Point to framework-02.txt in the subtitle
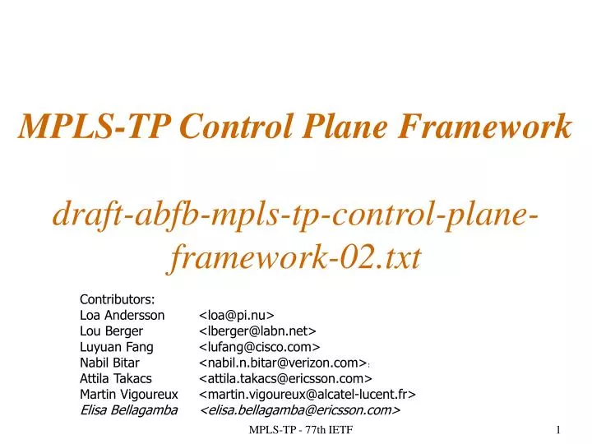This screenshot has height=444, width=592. click(x=296, y=258)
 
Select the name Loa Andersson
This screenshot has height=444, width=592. click(x=122, y=315)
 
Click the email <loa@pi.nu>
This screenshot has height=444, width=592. click(x=237, y=315)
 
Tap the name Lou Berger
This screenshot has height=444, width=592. click(x=111, y=331)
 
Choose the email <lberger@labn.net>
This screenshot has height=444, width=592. click(x=258, y=331)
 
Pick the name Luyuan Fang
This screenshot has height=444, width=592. click(x=117, y=346)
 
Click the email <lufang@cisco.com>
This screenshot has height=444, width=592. click(x=260, y=346)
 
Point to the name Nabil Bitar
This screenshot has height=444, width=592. click(x=109, y=362)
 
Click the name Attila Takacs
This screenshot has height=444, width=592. click(x=116, y=378)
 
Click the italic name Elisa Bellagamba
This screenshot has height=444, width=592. click(x=128, y=409)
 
